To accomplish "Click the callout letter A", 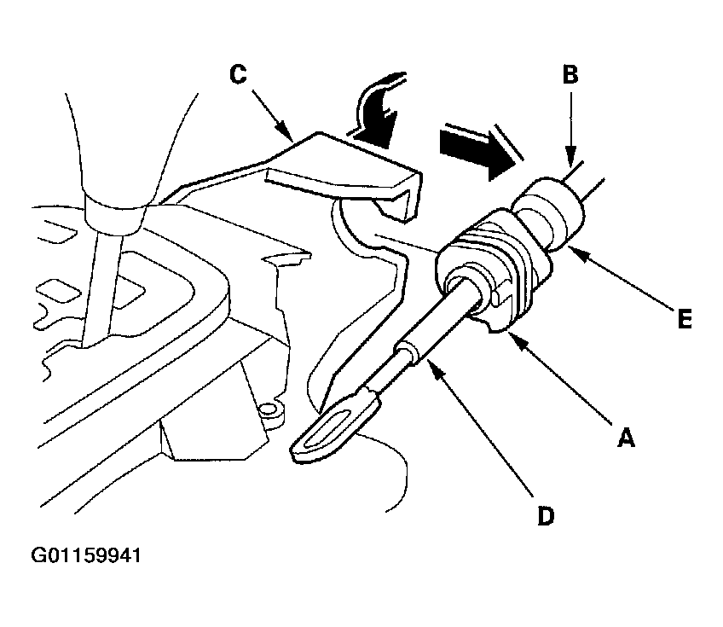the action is pos(626,437).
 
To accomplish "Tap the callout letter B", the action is pos(570,74).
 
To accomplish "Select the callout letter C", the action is pos(238,74).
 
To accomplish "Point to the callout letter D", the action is pos(546,515).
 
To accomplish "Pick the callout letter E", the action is pos(685,318).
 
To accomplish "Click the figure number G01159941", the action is pos(86,555).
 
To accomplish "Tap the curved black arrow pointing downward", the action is pos(376,111).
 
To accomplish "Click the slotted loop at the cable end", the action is pos(335,424).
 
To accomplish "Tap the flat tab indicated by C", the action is pos(344,176).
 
